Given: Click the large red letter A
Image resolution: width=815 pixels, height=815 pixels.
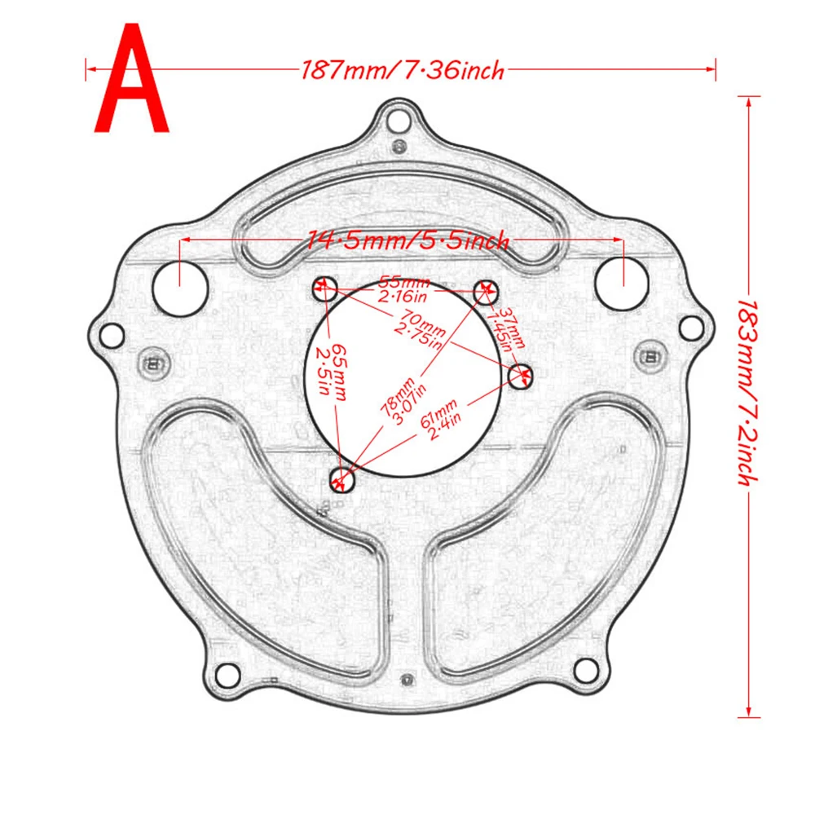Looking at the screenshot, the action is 131,78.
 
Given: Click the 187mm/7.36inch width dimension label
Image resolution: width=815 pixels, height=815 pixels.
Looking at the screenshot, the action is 403,70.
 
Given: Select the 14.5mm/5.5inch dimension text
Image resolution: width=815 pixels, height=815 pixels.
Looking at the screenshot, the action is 407,240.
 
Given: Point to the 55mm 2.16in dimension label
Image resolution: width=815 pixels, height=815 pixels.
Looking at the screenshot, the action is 404,290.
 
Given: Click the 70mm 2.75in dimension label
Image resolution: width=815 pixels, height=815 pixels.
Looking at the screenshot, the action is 420,330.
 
